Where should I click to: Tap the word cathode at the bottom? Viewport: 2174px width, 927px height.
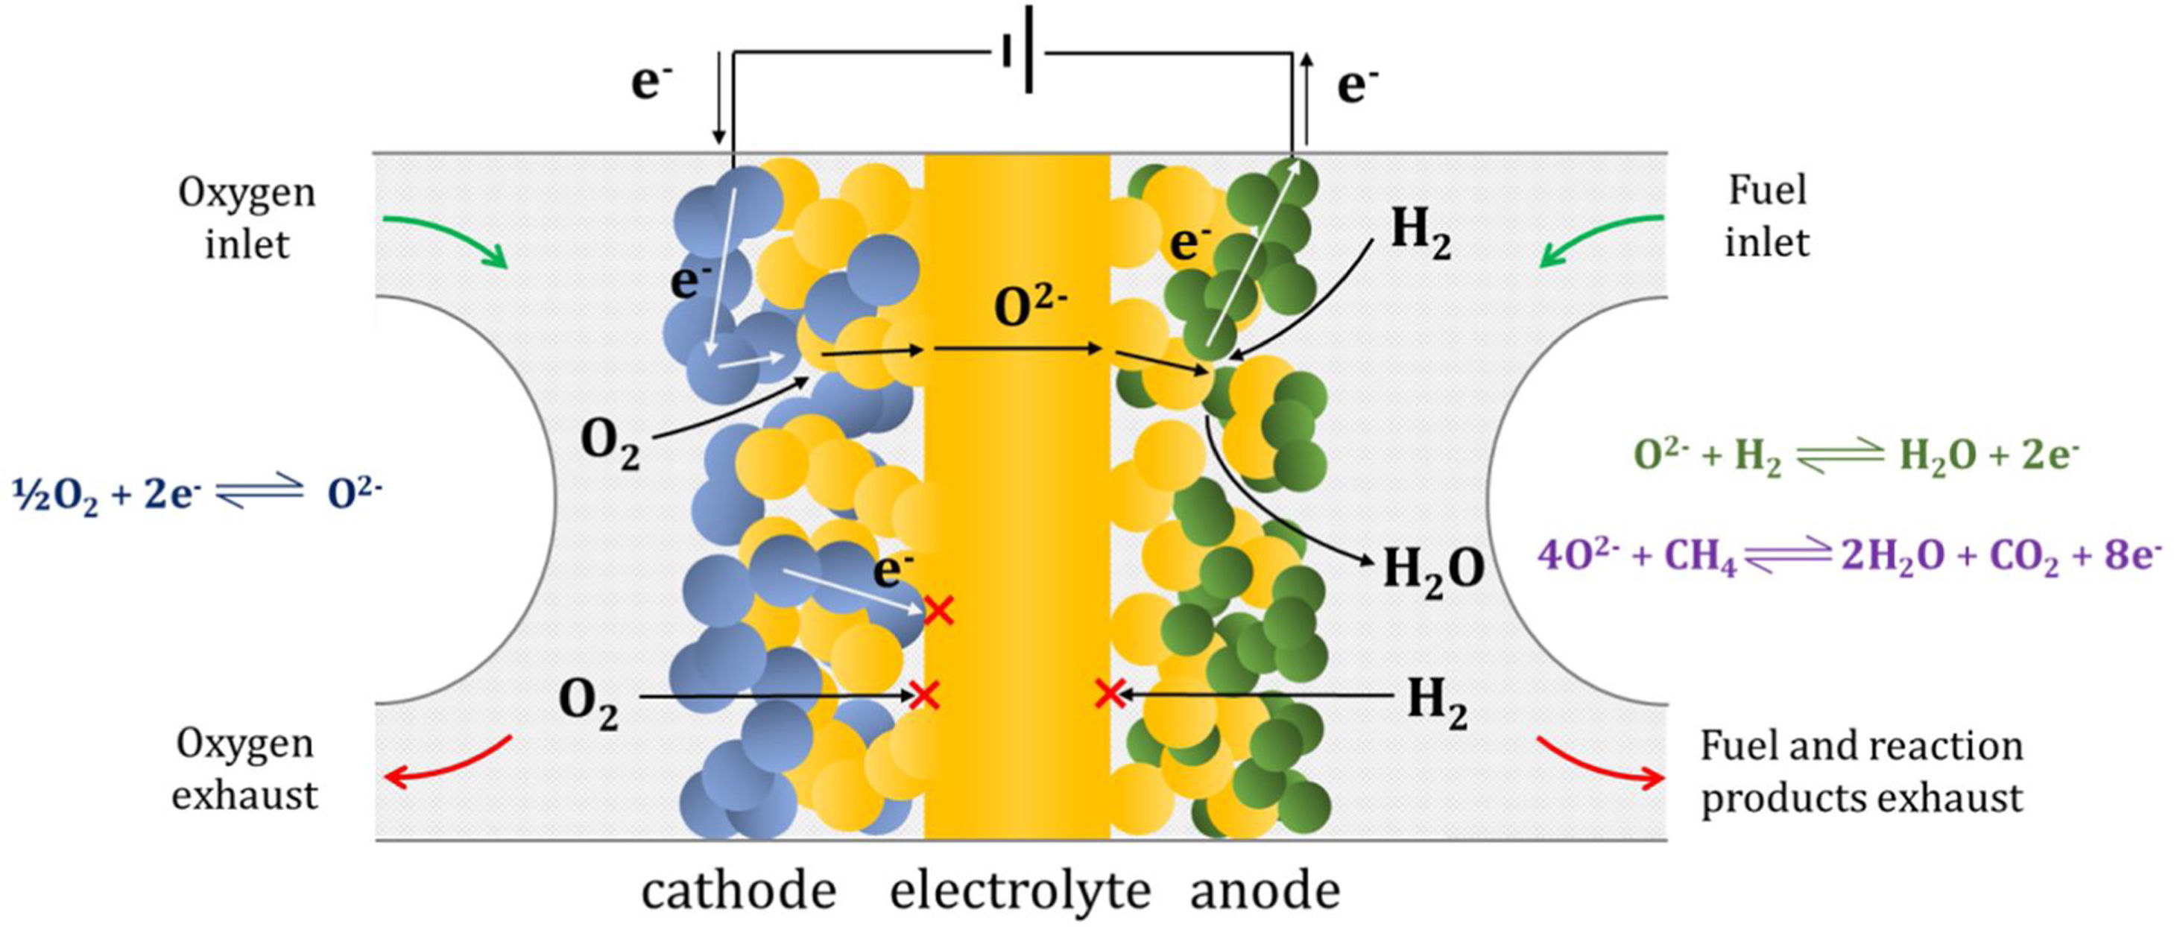[x=739, y=891]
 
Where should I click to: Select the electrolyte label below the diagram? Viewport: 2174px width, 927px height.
[x=1020, y=891]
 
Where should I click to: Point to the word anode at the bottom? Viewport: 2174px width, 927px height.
[x=1265, y=891]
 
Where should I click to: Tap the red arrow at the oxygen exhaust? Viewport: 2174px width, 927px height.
[x=447, y=763]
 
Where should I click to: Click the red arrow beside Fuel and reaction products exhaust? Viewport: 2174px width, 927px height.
[x=1600, y=763]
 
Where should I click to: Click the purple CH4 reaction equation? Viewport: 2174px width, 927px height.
[x=1848, y=557]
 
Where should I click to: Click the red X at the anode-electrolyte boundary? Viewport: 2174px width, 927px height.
[x=1109, y=695]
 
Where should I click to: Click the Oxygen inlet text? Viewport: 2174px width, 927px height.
[x=247, y=218]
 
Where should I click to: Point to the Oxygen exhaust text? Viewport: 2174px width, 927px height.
[x=244, y=769]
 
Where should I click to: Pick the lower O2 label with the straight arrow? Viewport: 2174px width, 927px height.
[x=588, y=702]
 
